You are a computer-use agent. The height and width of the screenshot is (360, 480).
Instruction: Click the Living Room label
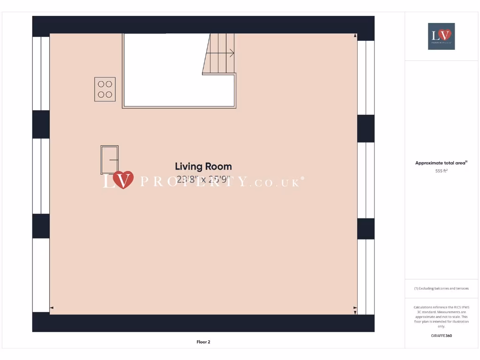pos(203,166)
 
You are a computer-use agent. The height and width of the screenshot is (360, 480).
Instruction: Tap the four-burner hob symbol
pos(105,89)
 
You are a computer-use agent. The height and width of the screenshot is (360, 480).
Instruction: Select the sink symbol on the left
pos(109,160)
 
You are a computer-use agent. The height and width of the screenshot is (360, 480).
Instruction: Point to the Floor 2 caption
pos(203,342)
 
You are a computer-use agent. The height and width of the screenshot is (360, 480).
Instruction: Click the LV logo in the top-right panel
pos(441,36)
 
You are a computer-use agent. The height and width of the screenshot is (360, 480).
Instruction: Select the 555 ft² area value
pos(441,172)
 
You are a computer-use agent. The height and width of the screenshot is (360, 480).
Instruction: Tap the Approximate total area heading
pos(441,163)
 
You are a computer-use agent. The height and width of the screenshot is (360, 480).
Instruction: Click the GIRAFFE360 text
pos(441,336)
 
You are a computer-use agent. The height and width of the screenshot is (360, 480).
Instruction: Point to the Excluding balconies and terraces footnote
pos(441,288)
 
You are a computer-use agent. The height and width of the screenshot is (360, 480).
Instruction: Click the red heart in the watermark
pos(123,179)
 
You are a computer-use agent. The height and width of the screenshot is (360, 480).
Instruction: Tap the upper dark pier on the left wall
pos(41,124)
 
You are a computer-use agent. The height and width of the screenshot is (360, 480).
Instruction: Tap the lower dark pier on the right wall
pos(366,229)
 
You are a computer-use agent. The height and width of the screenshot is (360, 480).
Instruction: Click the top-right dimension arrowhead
pos(355,36)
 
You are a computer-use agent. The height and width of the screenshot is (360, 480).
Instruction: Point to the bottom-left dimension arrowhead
pos(52,308)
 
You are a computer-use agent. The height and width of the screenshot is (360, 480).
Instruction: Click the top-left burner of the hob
pos(101,84)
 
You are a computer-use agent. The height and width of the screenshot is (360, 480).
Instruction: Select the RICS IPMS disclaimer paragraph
pos(441,316)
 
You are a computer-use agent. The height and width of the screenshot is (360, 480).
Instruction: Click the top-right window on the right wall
pos(366,77)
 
